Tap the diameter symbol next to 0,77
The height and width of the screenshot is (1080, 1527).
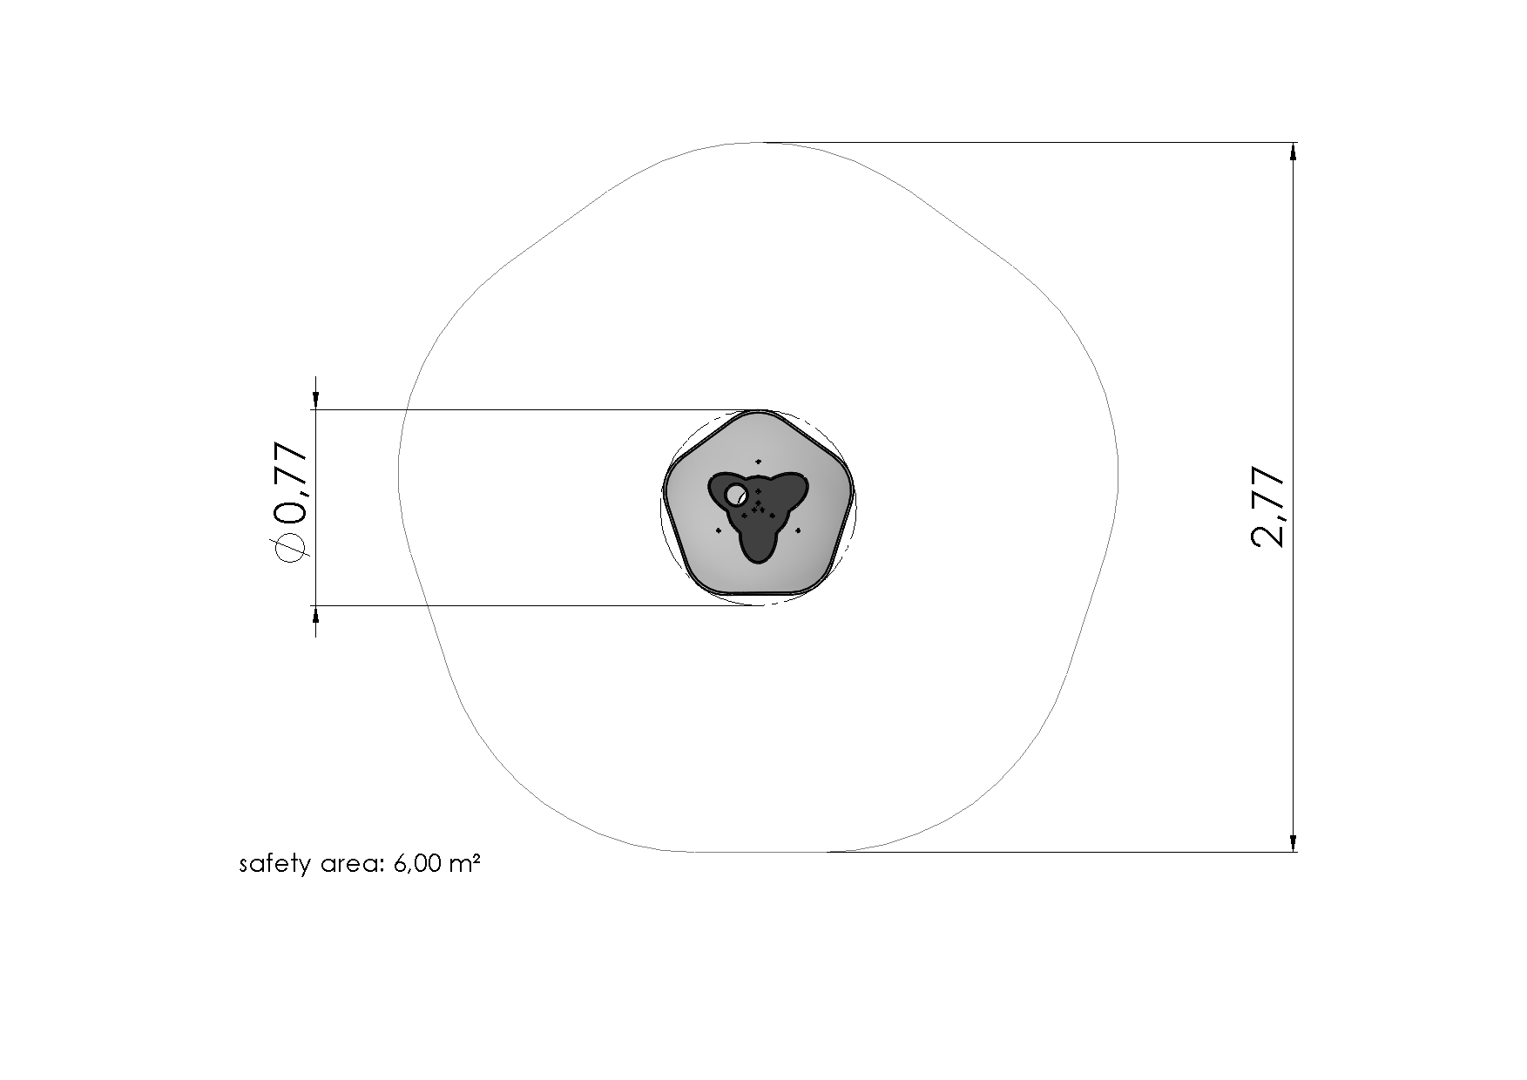[290, 548]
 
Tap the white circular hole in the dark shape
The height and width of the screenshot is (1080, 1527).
[736, 495]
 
